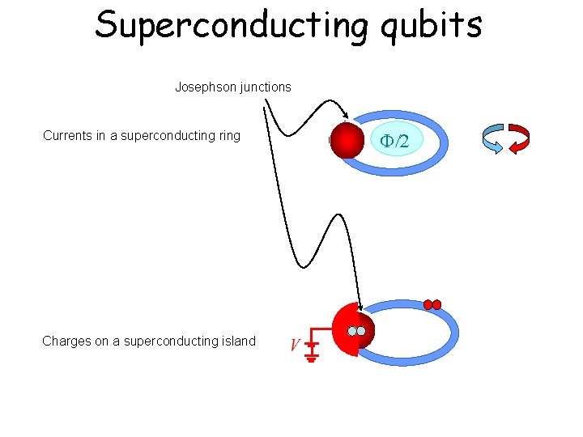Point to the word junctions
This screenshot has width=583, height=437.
pyautogui.click(x=264, y=87)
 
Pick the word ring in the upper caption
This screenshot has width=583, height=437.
pyautogui.click(x=228, y=136)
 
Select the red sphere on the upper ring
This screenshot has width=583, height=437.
pyautogui.click(x=347, y=142)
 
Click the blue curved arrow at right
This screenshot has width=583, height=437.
pyautogui.click(x=492, y=138)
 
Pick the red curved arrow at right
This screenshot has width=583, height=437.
pyautogui.click(x=518, y=138)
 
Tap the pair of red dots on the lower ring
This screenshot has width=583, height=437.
pyautogui.click(x=432, y=305)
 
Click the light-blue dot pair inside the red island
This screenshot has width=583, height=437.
pyautogui.click(x=356, y=331)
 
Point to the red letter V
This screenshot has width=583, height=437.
pyautogui.click(x=295, y=347)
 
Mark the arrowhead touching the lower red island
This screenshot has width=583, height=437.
pyautogui.click(x=358, y=307)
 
